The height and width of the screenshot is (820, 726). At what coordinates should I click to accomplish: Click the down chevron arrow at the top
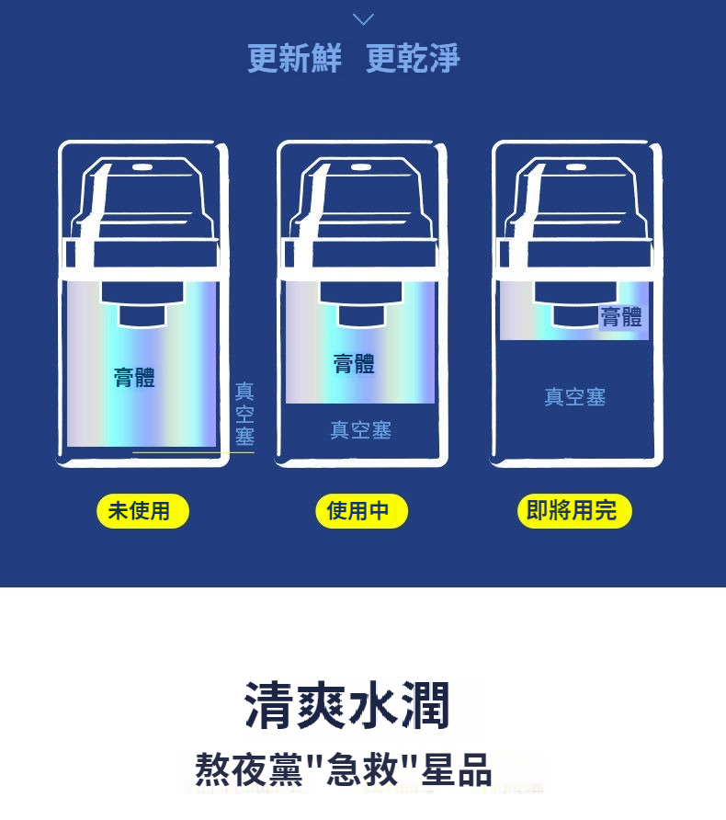[x=363, y=19]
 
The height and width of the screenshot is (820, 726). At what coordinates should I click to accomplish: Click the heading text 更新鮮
[x=294, y=58]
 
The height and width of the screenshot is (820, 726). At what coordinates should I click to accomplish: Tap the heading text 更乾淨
[x=413, y=58]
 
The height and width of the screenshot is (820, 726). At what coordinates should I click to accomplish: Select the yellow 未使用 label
[x=142, y=511]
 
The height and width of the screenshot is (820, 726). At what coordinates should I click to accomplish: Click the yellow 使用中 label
[x=362, y=511]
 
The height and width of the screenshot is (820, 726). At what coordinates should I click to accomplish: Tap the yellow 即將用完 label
[x=574, y=511]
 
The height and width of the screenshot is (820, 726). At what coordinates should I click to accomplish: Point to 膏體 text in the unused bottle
[x=134, y=377]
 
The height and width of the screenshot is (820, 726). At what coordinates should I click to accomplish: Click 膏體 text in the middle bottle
[x=354, y=363]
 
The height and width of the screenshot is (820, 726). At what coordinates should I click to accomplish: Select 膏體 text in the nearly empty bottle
[x=621, y=317]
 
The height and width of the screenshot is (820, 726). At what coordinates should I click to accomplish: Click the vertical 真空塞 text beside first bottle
[x=244, y=414]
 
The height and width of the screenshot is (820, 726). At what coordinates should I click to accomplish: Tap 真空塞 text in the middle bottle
[x=360, y=430]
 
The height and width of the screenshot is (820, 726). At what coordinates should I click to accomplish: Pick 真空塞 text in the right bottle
[x=575, y=397]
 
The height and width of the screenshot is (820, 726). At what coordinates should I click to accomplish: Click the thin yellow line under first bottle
[x=193, y=452]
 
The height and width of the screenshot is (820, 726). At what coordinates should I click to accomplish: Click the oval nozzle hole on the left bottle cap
[x=142, y=168]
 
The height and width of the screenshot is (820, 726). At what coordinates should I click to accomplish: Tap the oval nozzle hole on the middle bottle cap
[x=361, y=168]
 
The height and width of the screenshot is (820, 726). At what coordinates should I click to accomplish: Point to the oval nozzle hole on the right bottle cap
[x=576, y=168]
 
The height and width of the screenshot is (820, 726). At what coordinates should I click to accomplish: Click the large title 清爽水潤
[x=347, y=705]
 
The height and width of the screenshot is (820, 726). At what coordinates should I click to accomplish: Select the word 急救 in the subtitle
[x=362, y=769]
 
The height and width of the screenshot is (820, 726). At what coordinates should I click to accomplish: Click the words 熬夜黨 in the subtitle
[x=248, y=769]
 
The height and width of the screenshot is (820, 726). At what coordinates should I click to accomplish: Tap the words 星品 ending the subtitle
[x=457, y=769]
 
